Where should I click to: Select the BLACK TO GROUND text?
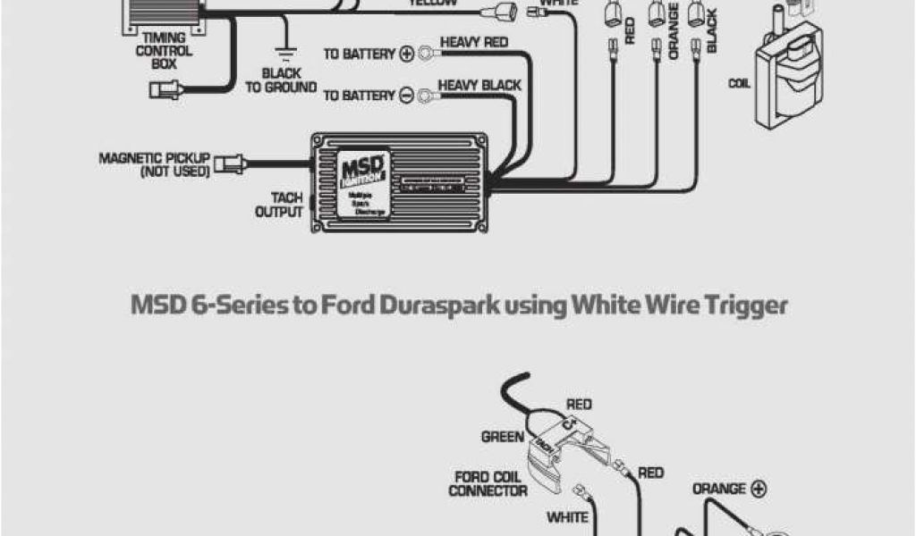pos(280,80)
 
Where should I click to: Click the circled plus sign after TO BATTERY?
pos(406,54)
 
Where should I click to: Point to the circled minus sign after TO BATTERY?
pos(406,95)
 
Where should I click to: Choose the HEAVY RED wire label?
pos(474,42)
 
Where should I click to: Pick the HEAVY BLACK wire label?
pos(478,86)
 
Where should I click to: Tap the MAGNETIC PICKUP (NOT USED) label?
pos(154,163)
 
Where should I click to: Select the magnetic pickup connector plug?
pos(225,164)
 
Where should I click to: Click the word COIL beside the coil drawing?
pos(739,82)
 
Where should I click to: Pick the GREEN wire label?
pos(503,438)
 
